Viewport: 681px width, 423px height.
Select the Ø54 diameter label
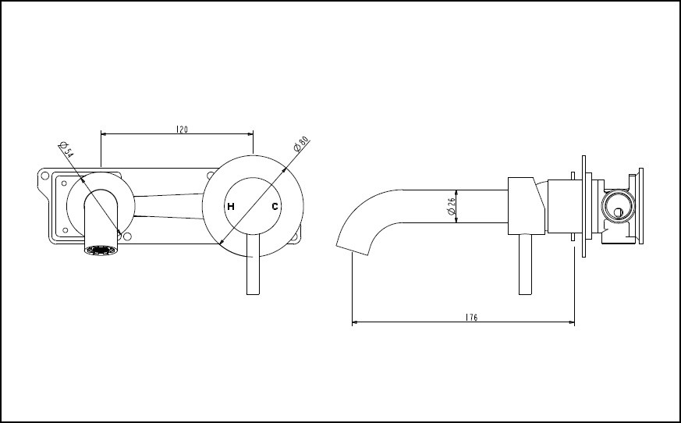point(66,151)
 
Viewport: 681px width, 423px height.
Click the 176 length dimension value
point(471,317)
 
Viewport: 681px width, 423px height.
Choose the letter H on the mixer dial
point(230,207)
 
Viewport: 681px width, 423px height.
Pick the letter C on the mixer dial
point(275,207)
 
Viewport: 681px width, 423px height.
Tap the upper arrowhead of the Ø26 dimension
point(456,192)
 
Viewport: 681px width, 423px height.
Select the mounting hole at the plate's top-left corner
point(44,176)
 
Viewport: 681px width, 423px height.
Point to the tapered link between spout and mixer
point(168,205)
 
